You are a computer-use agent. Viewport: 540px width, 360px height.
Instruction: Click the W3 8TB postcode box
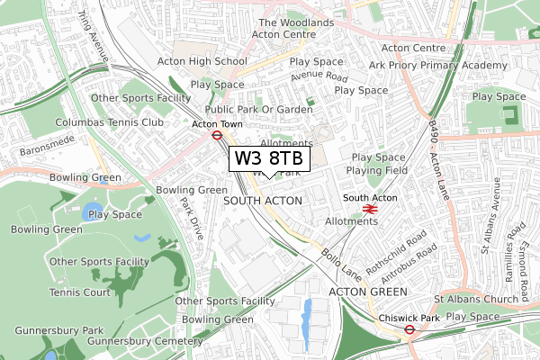[270, 158]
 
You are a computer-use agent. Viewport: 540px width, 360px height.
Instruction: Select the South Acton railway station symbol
[368, 209]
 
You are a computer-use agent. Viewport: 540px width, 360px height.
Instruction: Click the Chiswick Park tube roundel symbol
[409, 329]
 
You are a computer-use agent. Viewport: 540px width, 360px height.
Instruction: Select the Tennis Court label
[79, 292]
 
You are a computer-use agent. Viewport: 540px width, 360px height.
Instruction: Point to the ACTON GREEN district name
[368, 292]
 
